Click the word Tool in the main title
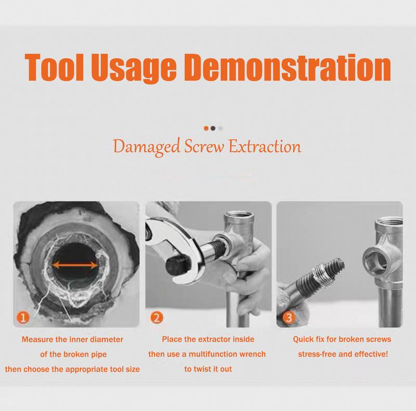pos(54,67)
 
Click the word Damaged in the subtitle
pos(147,147)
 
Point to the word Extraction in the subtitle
pos(265,147)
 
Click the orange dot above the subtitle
pos(206,128)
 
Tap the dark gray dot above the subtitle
pos(213,128)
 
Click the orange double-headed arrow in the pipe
pos(75,265)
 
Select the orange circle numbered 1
pos(23,317)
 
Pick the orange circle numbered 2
pos(157,317)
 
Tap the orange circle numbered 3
pos(289,317)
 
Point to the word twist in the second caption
pos(203,369)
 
